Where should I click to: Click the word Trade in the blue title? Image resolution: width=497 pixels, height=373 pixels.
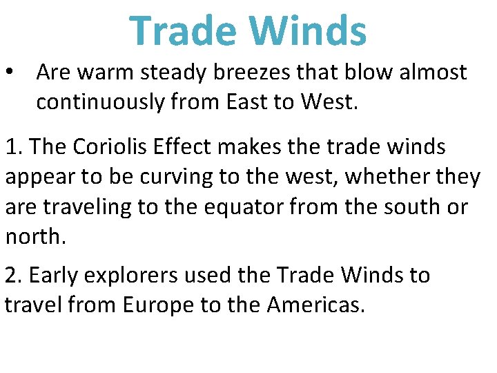click(x=182, y=32)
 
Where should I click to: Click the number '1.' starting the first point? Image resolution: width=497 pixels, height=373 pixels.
click(x=14, y=146)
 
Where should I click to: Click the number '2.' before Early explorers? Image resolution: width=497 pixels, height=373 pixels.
click(x=14, y=275)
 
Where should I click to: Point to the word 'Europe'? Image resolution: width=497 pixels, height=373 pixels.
click(x=158, y=305)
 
